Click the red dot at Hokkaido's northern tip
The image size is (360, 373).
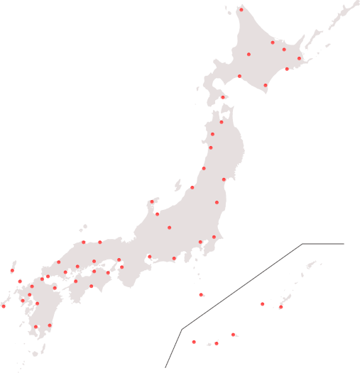[x=241, y=9]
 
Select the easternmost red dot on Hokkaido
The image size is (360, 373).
[x=299, y=58]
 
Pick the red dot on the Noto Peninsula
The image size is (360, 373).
[x=151, y=202]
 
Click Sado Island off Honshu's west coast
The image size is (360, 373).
[x=177, y=185]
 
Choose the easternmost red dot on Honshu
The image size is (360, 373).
[x=224, y=179]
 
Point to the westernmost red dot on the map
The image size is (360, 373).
[x=4, y=306]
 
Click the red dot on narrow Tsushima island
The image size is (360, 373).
[x=12, y=271]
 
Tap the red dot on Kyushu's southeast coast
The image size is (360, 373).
[x=50, y=325]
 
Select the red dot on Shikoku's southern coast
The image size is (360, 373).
[x=91, y=286]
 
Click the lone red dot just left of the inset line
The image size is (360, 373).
[x=201, y=294]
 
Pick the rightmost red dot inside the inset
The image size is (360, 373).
[x=280, y=307]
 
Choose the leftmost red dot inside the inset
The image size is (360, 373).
[x=194, y=342]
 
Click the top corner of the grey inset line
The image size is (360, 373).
[x=302, y=244]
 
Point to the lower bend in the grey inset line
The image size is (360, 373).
[x=182, y=329]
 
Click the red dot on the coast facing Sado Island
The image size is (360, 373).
[x=192, y=187]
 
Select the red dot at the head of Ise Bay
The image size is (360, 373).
[x=149, y=257]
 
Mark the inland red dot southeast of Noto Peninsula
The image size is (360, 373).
[x=169, y=228]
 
